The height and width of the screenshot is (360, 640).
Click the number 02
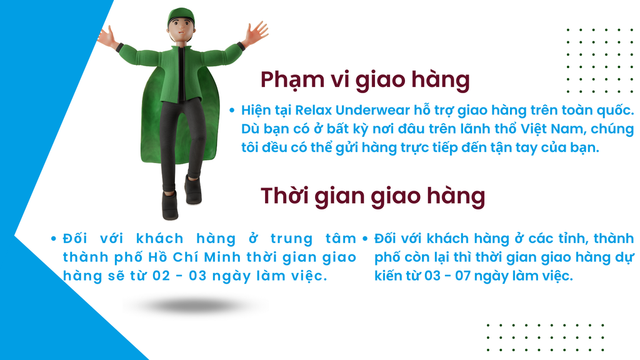[x=161, y=276]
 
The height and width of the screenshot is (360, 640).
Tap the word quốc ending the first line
[x=616, y=110]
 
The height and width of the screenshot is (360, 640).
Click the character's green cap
[x=181, y=17]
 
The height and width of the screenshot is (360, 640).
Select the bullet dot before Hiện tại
[x=232, y=110]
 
